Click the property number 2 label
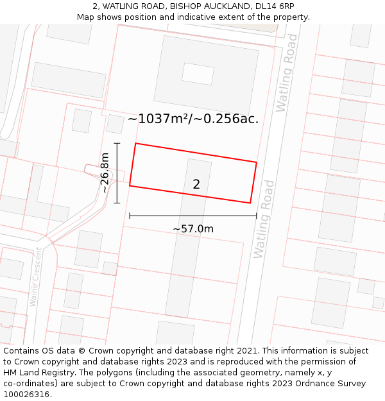196,184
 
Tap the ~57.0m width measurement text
193,228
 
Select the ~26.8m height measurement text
105,173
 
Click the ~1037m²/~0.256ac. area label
193,119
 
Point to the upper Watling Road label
286,73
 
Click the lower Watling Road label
264,219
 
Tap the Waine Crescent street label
35,277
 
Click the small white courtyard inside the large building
198,74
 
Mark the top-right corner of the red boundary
257,162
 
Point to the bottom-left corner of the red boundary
130,186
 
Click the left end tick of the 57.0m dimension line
130,216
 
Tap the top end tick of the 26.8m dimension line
117,143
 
